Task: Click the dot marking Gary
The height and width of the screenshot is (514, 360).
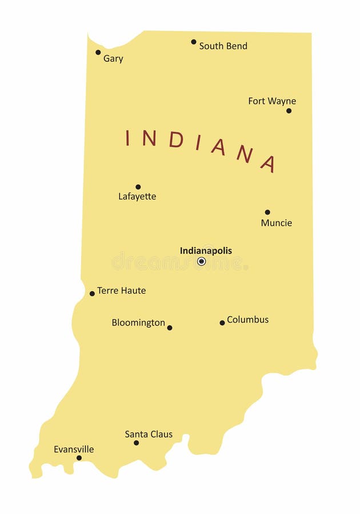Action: coord(98,52)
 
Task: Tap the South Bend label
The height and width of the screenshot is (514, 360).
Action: coord(223,46)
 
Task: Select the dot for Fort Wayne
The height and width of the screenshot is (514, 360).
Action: coord(289,110)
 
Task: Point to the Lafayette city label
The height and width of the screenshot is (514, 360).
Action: coord(137,196)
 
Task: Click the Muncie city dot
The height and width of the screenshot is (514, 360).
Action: coord(267,212)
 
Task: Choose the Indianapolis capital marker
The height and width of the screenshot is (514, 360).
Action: coord(201,261)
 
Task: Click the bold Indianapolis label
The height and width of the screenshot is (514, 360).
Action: coord(206,250)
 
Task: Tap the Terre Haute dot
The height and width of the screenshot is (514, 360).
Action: coord(92,294)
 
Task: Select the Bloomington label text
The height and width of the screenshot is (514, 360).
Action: coord(138,323)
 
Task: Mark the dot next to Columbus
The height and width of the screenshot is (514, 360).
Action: coord(222,323)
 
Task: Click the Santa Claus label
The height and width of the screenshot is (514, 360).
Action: coord(149,434)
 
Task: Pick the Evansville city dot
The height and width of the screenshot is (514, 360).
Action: coord(79,457)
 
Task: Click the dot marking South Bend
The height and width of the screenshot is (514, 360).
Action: coord(194,42)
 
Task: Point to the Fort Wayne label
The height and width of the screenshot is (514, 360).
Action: coord(272,101)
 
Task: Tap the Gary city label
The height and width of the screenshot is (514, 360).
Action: coord(113,58)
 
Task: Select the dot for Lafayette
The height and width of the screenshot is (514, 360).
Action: coord(138,187)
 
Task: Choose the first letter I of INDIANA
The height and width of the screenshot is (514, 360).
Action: coord(128,137)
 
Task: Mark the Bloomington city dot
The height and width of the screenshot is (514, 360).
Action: coord(170,328)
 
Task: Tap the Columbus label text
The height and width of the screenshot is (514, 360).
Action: coord(247,320)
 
